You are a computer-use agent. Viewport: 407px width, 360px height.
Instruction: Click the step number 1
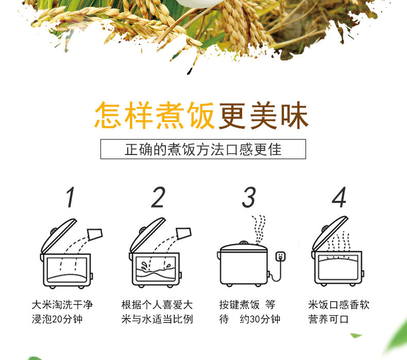pos(70,197)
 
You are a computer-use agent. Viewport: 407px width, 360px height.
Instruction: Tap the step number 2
pos(158,197)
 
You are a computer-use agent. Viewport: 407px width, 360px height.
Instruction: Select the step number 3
pos(249,197)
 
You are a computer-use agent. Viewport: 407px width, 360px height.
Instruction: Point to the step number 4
pos(339,197)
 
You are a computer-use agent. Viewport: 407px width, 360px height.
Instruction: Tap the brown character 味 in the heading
pos(295,115)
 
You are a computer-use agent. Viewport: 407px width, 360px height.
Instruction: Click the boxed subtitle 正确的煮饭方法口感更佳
pos(203,149)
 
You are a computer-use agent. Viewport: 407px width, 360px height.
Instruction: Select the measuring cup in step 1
pos(95,234)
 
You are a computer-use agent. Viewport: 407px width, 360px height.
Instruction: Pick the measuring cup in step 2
pos(184,233)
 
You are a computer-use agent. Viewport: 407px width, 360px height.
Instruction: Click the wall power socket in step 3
pos(281,256)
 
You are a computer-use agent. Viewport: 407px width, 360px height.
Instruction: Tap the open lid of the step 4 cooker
pos(330,234)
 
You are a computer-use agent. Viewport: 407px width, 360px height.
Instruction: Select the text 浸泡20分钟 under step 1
pos(57,319)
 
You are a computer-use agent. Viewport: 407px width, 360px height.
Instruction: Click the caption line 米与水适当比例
pos(157,319)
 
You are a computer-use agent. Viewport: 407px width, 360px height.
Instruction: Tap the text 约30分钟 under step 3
pos(260,319)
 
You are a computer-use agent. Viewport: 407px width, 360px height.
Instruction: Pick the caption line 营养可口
pos(328,319)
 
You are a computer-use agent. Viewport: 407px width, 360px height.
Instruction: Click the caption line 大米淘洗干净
pos(62,305)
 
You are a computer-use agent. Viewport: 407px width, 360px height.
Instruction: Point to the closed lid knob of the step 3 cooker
pos(244,243)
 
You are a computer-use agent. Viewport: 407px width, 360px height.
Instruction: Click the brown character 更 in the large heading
pos(232,115)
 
